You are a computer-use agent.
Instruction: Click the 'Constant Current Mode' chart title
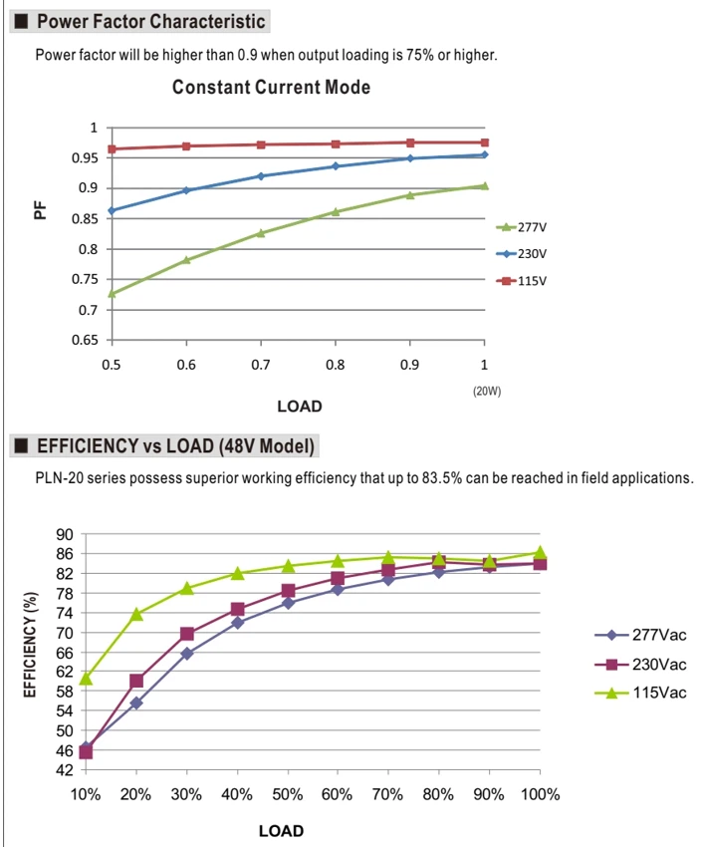tap(271, 87)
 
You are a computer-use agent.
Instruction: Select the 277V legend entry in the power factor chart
tap(522, 227)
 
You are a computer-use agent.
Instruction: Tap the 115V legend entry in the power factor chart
tap(522, 281)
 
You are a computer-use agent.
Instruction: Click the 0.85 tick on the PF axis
tap(85, 219)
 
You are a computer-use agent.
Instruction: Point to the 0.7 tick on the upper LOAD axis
tap(261, 365)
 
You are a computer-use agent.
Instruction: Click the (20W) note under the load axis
tap(487, 391)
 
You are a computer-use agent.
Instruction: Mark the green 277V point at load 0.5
tap(113, 293)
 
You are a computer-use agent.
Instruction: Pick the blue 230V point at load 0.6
tap(186, 190)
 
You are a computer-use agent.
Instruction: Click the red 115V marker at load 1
tap(484, 142)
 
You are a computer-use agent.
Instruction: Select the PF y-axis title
tap(40, 210)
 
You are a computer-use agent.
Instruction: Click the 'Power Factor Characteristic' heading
tap(150, 21)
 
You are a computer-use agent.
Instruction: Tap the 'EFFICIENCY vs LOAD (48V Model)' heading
tap(175, 446)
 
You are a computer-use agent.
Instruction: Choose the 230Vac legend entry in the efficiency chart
tap(640, 664)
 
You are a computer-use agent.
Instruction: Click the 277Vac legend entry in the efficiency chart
tap(640, 635)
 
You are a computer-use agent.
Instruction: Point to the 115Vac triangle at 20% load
tap(136, 614)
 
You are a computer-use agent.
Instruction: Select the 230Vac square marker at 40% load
tap(238, 609)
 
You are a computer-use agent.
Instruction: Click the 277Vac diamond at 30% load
tap(187, 654)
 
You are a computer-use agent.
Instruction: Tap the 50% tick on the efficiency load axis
tap(287, 794)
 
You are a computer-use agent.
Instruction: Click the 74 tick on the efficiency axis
tap(65, 613)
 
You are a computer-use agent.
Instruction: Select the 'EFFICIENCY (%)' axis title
tap(30, 645)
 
